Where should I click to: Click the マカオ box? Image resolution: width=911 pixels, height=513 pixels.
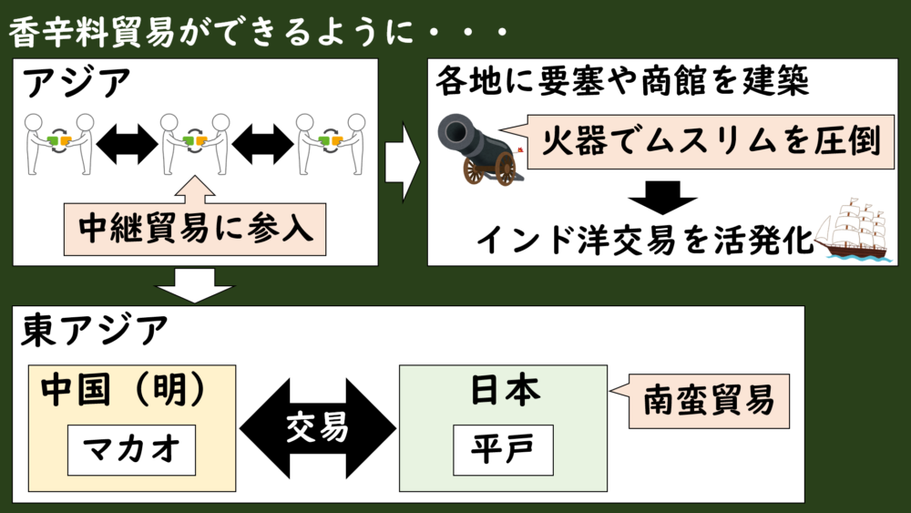click(131, 450)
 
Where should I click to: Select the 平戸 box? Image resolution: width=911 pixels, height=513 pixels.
click(503, 450)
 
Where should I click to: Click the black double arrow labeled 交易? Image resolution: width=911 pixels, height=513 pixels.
click(318, 428)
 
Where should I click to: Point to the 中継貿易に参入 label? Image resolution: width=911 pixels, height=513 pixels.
click(195, 229)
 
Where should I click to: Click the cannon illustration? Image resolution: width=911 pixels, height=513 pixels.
click(481, 149)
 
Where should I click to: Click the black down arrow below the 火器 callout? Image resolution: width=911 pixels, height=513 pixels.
click(662, 197)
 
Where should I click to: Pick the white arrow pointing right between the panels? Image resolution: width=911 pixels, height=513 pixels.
click(403, 162)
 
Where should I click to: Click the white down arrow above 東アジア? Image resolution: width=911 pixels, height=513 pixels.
click(195, 284)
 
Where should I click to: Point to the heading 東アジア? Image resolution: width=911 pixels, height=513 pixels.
click(94, 330)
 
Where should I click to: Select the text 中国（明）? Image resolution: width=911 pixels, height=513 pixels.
click(123, 389)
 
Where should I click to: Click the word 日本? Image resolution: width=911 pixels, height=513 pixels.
click(505, 389)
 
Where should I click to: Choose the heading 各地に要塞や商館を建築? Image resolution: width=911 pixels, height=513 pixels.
click(621, 80)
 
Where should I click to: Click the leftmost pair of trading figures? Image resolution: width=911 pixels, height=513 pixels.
click(58, 144)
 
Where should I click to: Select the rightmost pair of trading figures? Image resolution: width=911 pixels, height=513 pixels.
click(331, 144)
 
